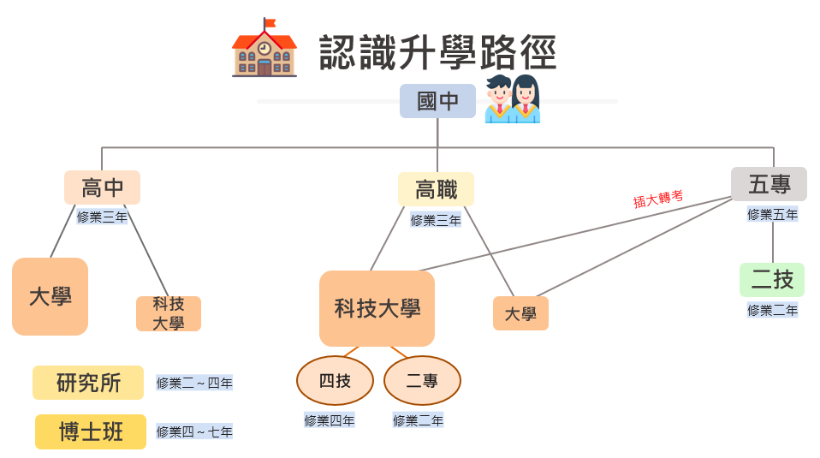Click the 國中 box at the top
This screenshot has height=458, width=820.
click(x=437, y=101)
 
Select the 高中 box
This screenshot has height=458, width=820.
click(x=102, y=187)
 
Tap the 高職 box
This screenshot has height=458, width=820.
click(x=436, y=189)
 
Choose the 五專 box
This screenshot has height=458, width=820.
click(x=769, y=184)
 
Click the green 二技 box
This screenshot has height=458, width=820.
click(x=772, y=280)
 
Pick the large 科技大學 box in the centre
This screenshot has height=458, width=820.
click(x=377, y=308)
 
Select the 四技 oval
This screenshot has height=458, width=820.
click(x=335, y=381)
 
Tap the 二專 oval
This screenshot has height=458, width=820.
click(x=422, y=381)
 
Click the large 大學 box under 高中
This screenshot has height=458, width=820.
click(x=50, y=296)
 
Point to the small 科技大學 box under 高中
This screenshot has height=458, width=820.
click(x=169, y=313)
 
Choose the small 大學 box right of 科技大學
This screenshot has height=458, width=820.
click(x=520, y=313)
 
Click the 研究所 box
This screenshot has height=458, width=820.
click(x=88, y=383)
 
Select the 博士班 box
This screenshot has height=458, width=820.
click(x=91, y=431)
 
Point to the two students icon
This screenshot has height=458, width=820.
click(x=512, y=99)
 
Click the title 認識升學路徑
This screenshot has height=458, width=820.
click(x=438, y=53)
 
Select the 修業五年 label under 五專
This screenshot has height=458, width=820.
click(x=772, y=214)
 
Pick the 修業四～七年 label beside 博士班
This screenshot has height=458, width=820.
click(x=194, y=432)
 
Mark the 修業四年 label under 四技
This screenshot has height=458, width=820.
click(x=330, y=420)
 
